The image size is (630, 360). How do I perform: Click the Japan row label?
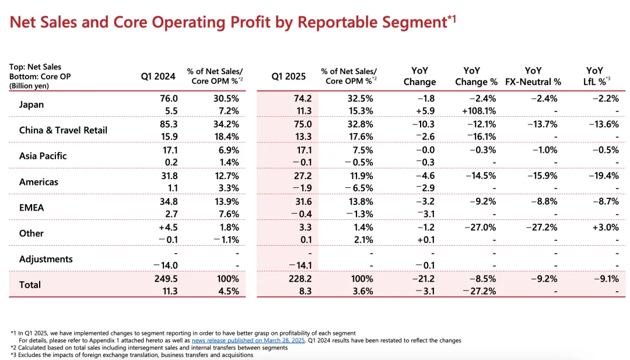coord(32,104)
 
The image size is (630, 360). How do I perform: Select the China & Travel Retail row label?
coord(63,130)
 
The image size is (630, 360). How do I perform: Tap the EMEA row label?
coord(32,208)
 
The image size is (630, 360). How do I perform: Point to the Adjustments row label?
coord(46,259)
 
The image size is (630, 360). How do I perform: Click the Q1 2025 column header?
coord(289,76)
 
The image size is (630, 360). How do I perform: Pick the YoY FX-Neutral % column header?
coord(533,76)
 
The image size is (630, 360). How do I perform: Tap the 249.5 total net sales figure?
coord(166,279)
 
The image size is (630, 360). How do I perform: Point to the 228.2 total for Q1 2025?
coord(300,279)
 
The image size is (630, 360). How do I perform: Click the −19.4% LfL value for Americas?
coord(604,176)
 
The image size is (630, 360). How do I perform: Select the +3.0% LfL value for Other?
coord(605,228)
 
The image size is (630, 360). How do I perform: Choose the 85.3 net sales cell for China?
coord(169,124)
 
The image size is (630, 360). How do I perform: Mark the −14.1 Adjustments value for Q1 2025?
coord(300,265)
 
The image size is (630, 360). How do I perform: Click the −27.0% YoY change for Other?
coord(480,228)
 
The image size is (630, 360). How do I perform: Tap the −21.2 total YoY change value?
coord(423,279)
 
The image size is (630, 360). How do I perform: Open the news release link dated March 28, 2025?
coord(249,340)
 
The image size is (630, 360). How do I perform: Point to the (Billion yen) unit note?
coord(29,86)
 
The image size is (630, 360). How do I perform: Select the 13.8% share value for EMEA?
coord(360,202)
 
